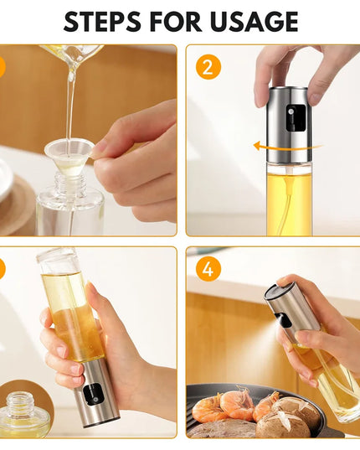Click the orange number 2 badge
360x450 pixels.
pos(207,66)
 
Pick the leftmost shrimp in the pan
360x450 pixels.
pos(208,408)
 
